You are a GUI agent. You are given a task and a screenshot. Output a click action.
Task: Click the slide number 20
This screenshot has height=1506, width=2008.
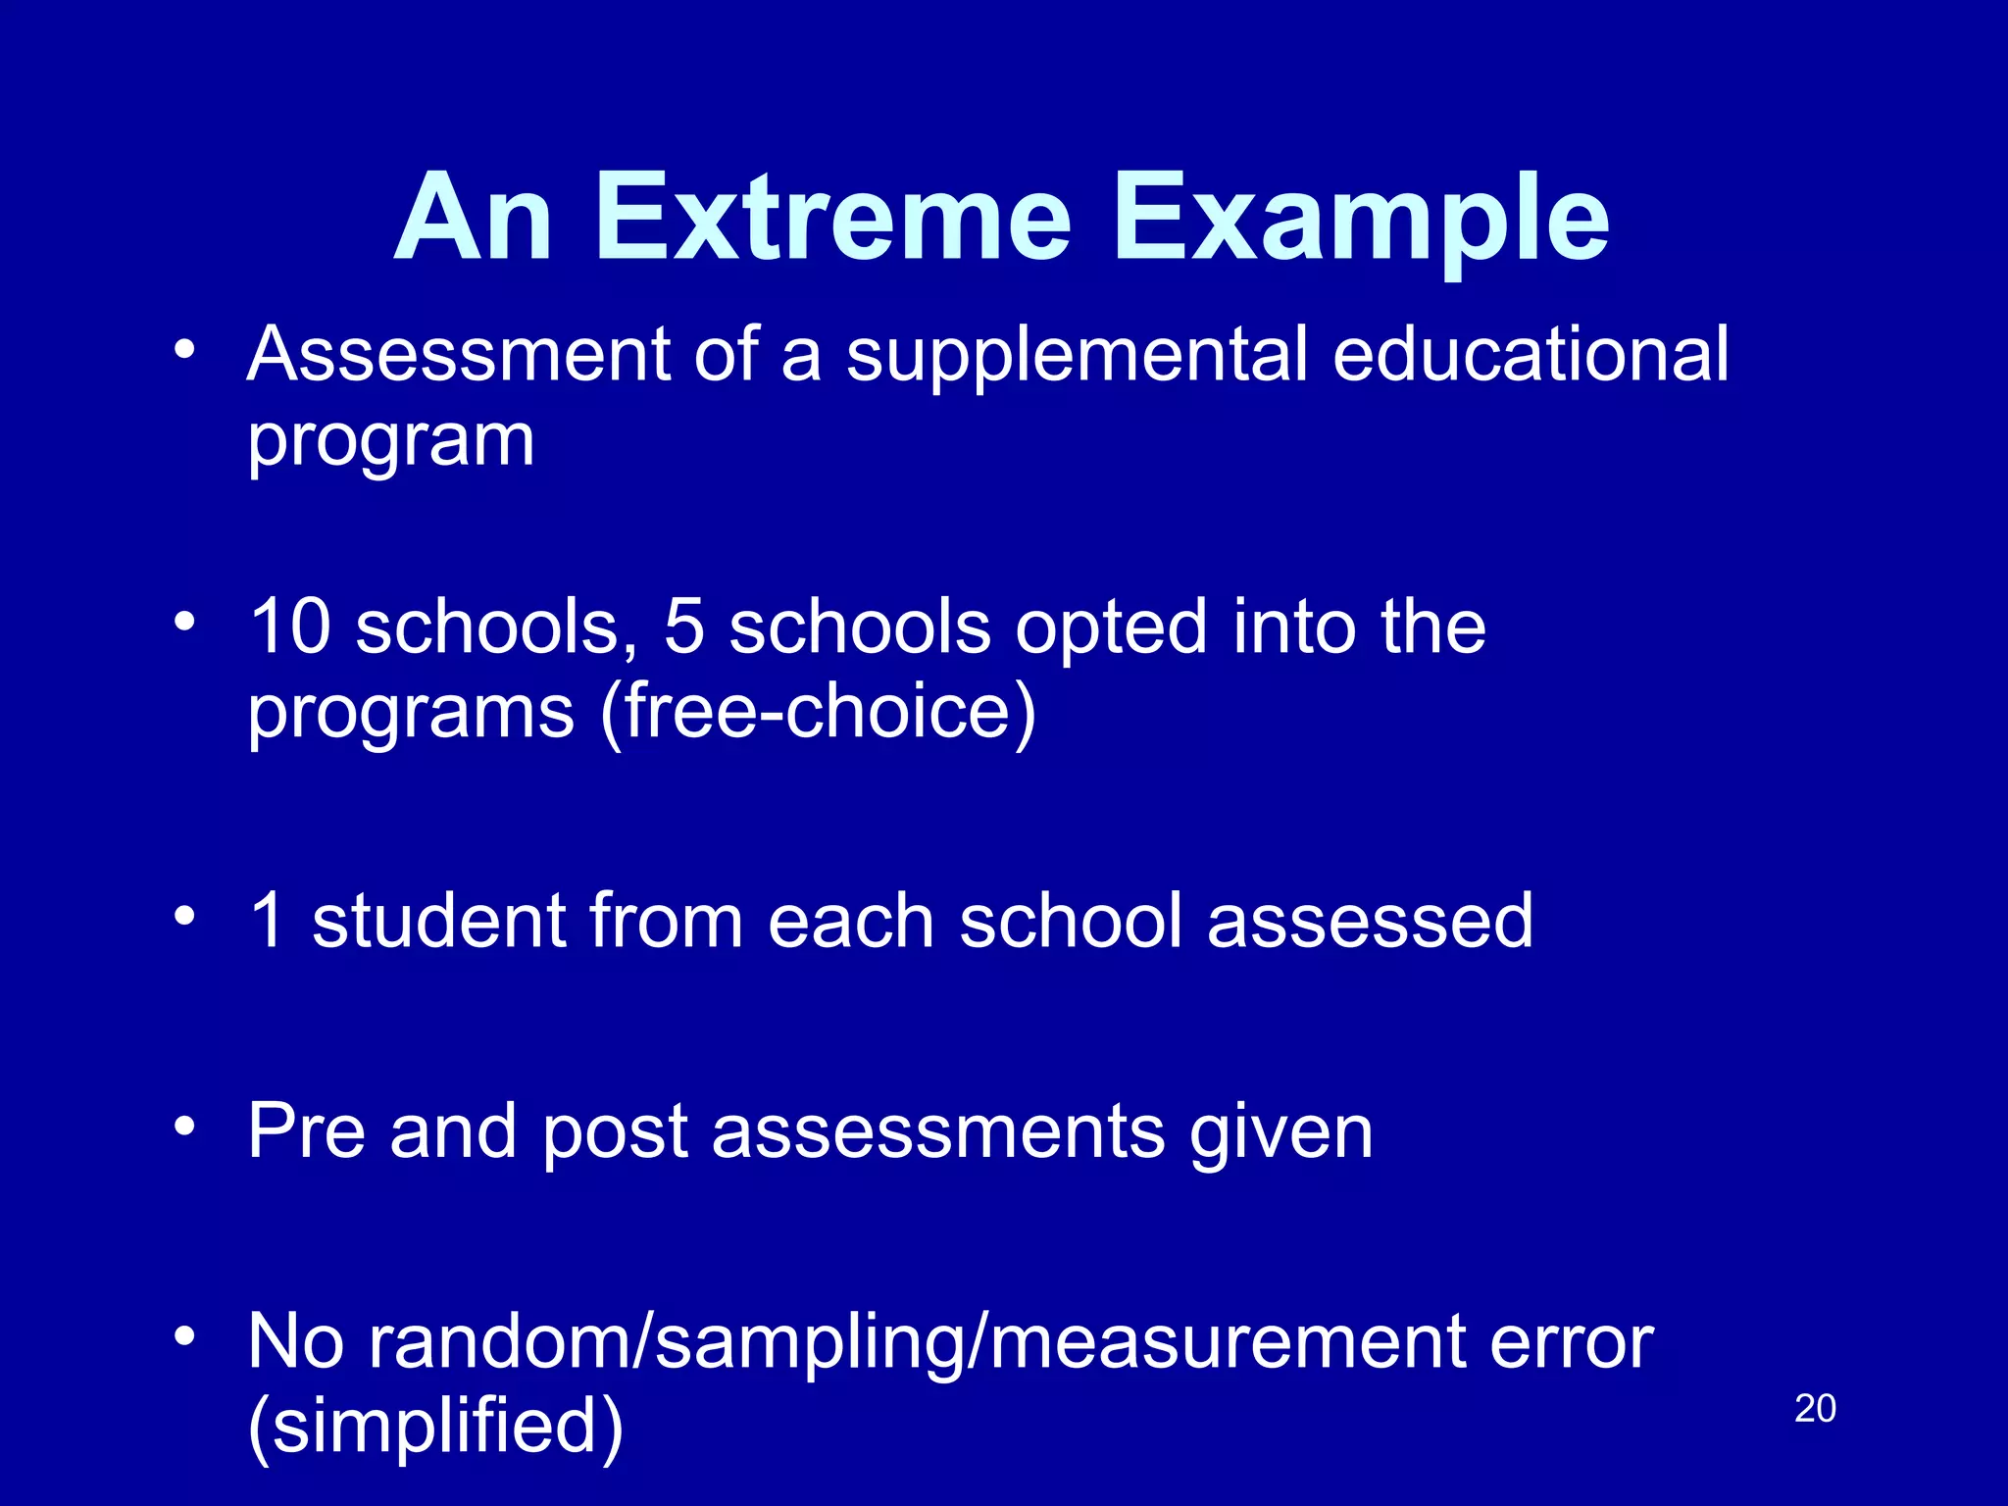click(x=1815, y=1409)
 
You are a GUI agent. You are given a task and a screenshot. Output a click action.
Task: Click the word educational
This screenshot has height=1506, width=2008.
click(x=1531, y=355)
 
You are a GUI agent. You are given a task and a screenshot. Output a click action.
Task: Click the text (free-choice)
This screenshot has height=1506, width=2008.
click(x=819, y=714)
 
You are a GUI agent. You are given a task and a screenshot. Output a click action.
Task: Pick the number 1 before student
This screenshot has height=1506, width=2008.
click(x=267, y=922)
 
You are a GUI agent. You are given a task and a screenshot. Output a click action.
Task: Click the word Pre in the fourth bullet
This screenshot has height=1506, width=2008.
click(x=306, y=1132)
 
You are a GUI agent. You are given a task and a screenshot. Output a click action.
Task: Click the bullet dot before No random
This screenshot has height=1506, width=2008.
click(x=184, y=1336)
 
